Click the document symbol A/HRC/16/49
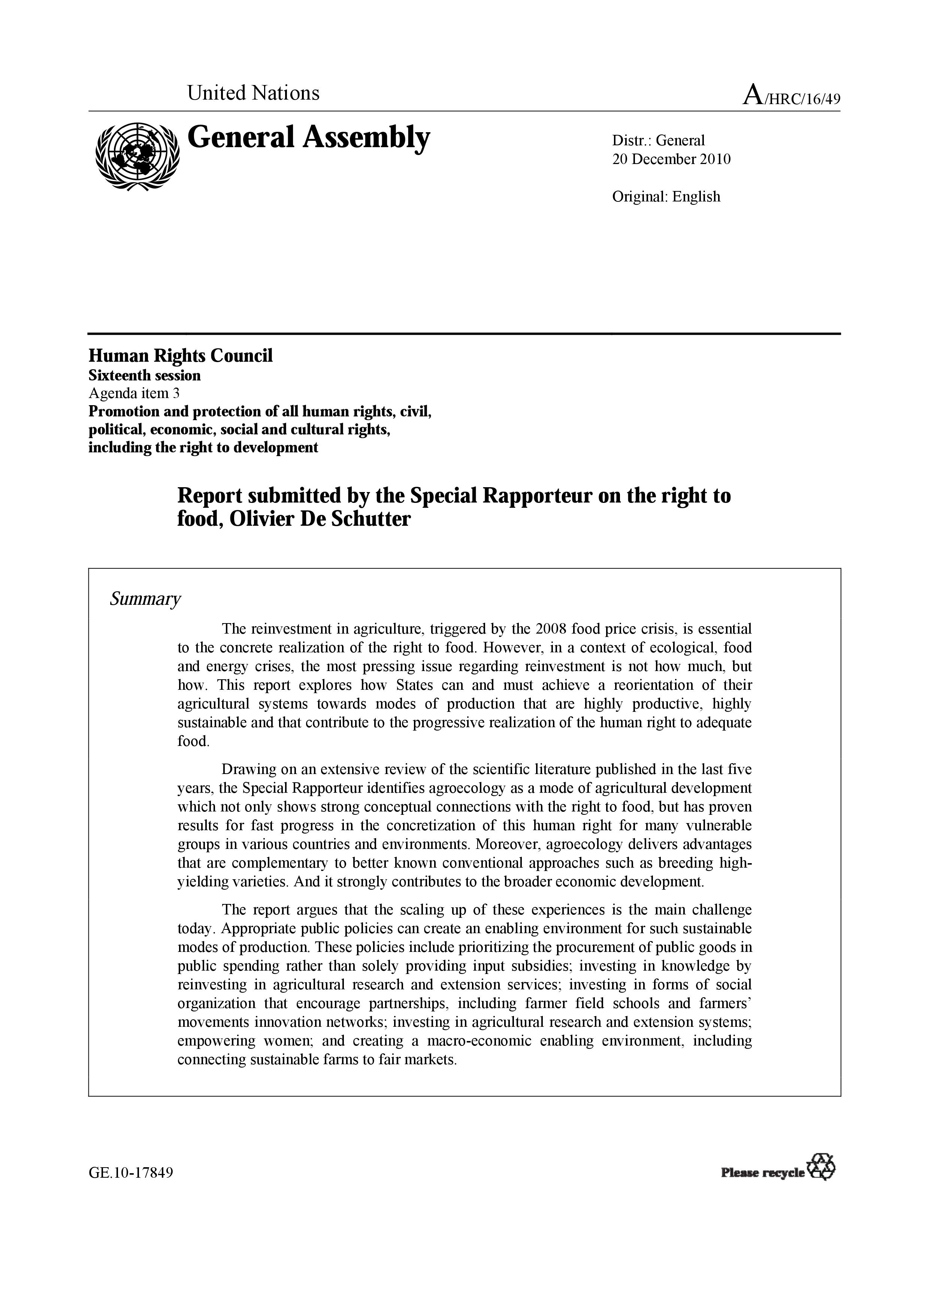(791, 95)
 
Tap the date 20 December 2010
(671, 159)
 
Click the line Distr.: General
(658, 140)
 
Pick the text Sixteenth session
(144, 376)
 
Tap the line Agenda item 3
(134, 393)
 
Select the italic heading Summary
(145, 599)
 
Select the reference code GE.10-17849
(130, 1173)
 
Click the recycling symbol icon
(820, 1167)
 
